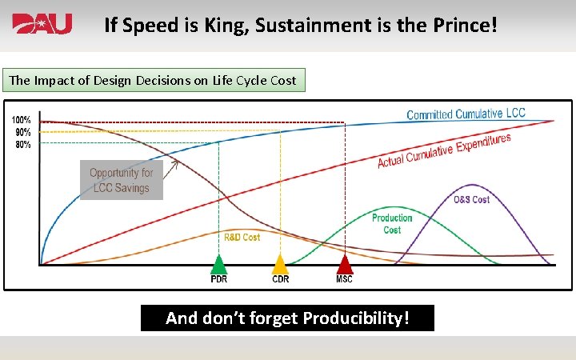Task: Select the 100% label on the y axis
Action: pyautogui.click(x=21, y=120)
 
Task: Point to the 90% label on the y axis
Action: pyautogui.click(x=22, y=132)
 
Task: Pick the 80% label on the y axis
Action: pyautogui.click(x=22, y=144)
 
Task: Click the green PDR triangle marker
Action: pyautogui.click(x=218, y=264)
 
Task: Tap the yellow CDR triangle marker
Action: pyautogui.click(x=280, y=264)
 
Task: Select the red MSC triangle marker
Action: pyautogui.click(x=344, y=264)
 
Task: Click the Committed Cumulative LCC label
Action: pyautogui.click(x=466, y=114)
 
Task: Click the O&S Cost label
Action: pyautogui.click(x=471, y=199)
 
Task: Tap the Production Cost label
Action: pyautogui.click(x=392, y=223)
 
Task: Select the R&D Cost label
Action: pyautogui.click(x=242, y=238)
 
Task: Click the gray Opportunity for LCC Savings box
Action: pyautogui.click(x=121, y=180)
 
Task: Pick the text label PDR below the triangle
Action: pyautogui.click(x=218, y=279)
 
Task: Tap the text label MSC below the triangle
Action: pyautogui.click(x=344, y=279)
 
